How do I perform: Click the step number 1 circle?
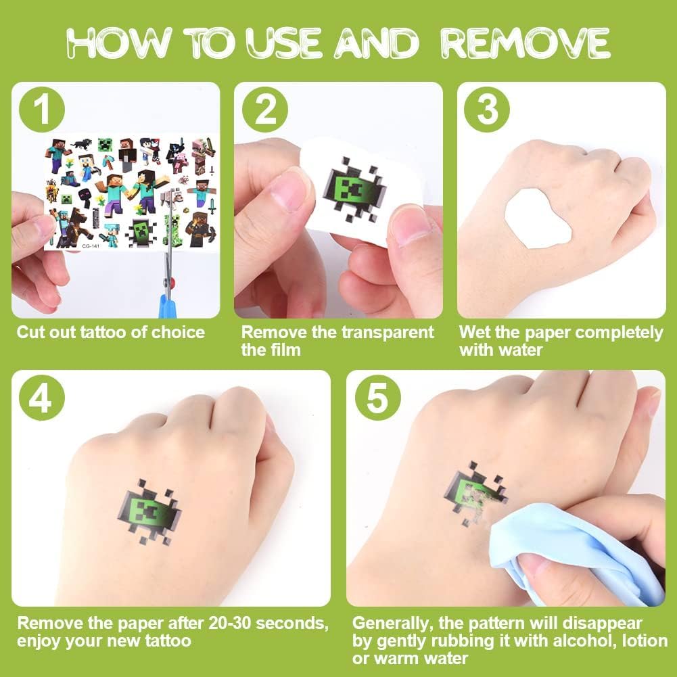[x=42, y=110]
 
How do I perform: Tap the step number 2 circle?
[x=264, y=110]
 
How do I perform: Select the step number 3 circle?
[x=486, y=110]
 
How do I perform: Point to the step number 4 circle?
[x=42, y=398]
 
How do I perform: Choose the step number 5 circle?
[x=378, y=398]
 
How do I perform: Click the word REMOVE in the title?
[x=525, y=43]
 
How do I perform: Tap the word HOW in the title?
[x=119, y=43]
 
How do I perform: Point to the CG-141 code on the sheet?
[x=91, y=246]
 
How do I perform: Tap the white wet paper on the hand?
[x=538, y=219]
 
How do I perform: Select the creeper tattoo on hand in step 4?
[x=150, y=511]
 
